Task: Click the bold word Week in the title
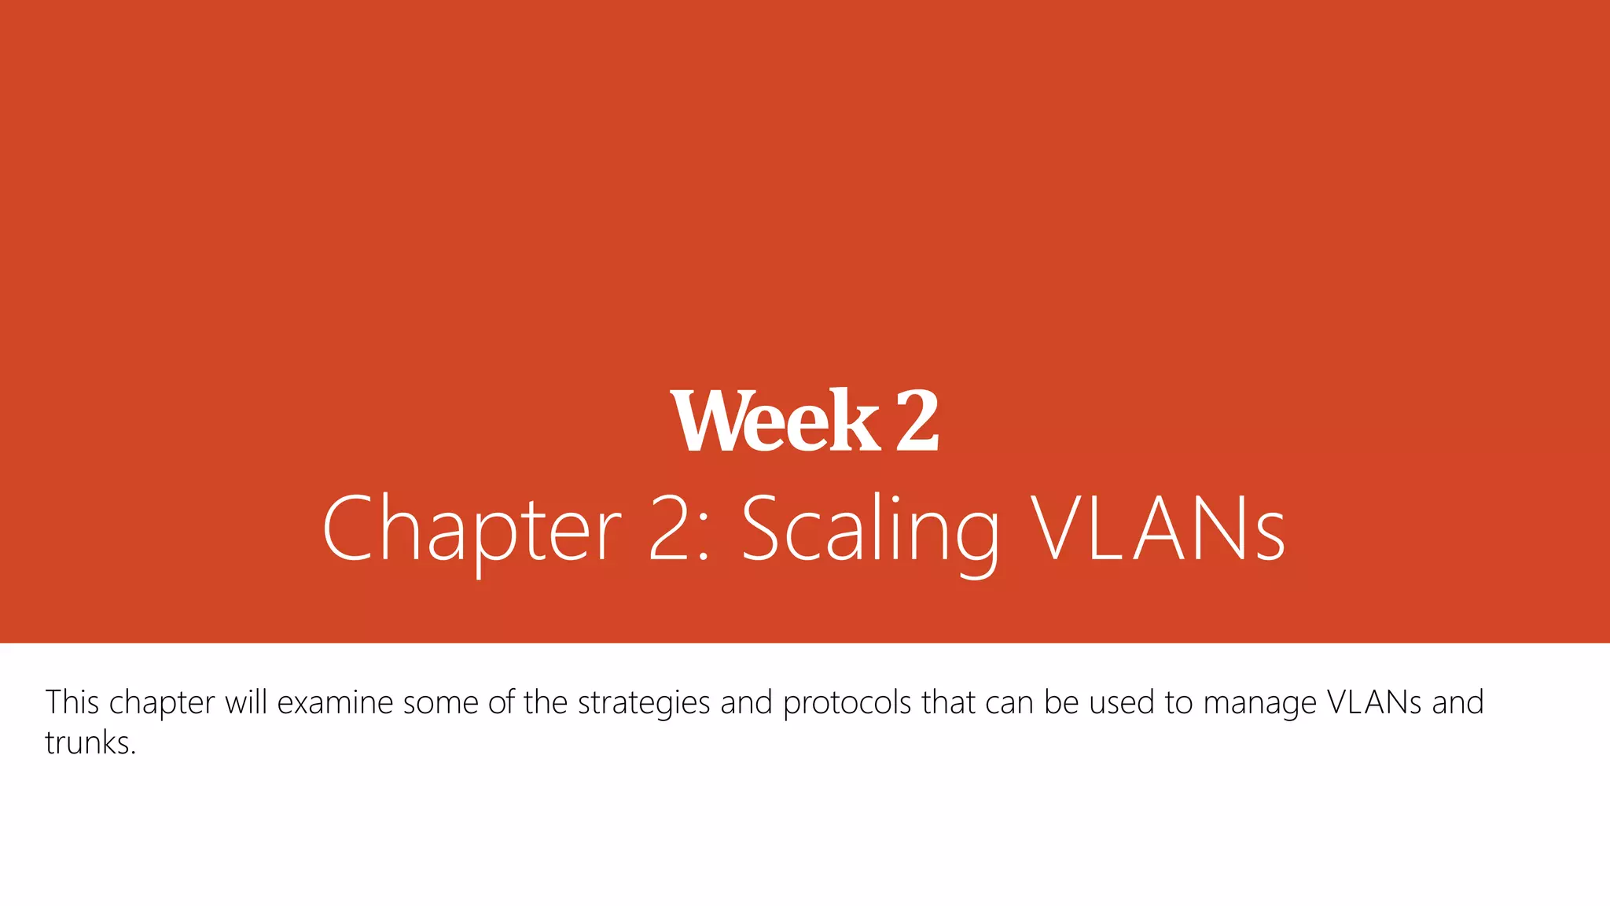775,422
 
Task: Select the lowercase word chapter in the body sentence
162,703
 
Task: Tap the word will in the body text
246,702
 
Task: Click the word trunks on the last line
87,742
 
